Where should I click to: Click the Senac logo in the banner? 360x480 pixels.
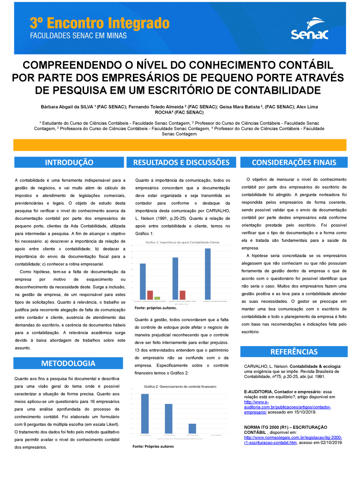click(309, 29)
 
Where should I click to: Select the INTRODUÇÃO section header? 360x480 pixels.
click(69, 162)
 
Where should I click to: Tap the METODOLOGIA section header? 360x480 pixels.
click(68, 363)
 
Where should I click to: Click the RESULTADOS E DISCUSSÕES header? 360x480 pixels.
click(181, 162)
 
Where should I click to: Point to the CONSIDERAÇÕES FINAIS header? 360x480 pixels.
click(294, 162)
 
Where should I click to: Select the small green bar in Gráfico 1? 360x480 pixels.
click(157, 298)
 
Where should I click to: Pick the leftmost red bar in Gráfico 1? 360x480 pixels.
click(150, 294)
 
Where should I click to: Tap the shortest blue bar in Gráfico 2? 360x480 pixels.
click(192, 428)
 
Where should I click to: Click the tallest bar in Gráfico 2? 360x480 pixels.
click(145, 414)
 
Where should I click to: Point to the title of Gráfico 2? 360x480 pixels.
click(180, 386)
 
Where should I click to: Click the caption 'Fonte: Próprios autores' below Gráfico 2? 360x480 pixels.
click(153, 446)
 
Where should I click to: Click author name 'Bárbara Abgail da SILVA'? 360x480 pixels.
click(67, 107)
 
